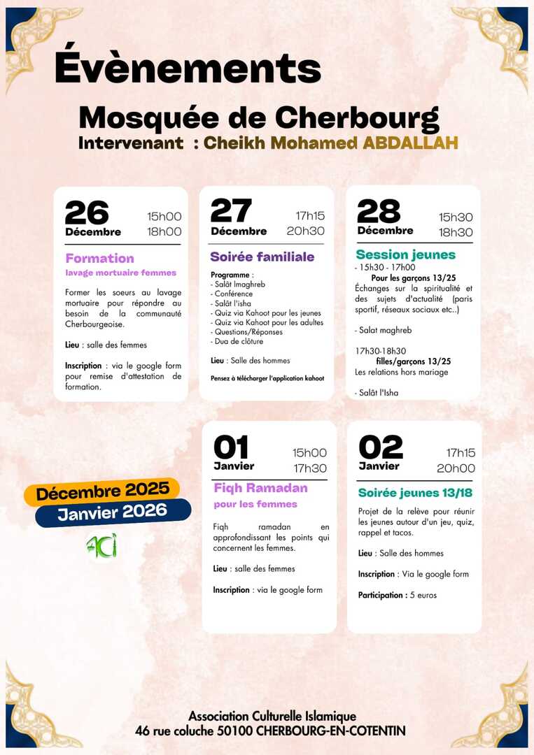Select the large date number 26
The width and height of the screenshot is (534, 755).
pyautogui.click(x=87, y=213)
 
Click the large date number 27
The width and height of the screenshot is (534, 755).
pyautogui.click(x=231, y=210)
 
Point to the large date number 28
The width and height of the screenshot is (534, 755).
pyautogui.click(x=379, y=211)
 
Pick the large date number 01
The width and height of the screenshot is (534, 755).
pyautogui.click(x=231, y=447)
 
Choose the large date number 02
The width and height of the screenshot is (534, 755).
pyautogui.click(x=381, y=447)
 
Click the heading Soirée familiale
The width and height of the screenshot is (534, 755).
pyautogui.click(x=262, y=257)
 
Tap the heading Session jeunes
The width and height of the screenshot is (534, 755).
pyautogui.click(x=405, y=254)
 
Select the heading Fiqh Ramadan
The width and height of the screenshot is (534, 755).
pyautogui.click(x=260, y=488)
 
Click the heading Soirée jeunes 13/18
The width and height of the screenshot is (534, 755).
pyautogui.click(x=415, y=493)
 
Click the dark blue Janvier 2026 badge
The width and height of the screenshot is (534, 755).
pyautogui.click(x=113, y=512)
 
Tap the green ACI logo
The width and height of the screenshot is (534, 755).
pyautogui.click(x=101, y=546)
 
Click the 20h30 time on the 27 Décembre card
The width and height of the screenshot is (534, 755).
pyautogui.click(x=305, y=231)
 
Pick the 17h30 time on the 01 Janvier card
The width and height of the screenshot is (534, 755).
pyautogui.click(x=309, y=468)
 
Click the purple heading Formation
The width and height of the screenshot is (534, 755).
pyautogui.click(x=99, y=258)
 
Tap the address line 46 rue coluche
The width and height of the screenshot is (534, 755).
pyautogui.click(x=270, y=731)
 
